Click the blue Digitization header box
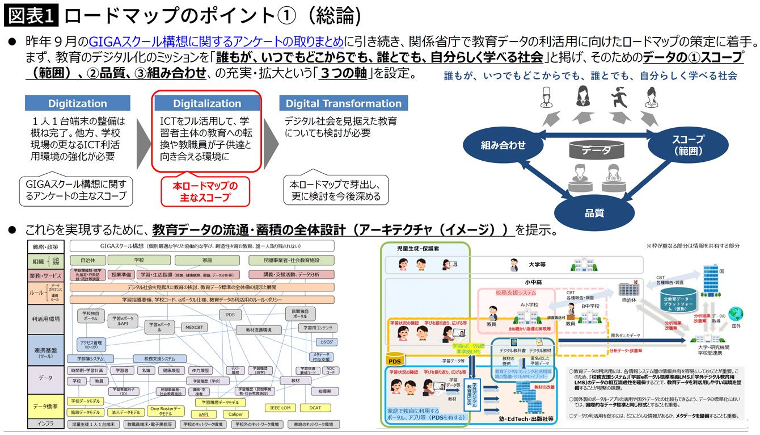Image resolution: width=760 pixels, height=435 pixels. click(x=78, y=103)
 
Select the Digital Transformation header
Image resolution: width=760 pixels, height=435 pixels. click(x=343, y=103)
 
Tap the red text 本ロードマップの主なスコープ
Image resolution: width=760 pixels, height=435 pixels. click(x=205, y=191)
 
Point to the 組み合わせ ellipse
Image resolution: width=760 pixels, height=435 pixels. click(x=503, y=145)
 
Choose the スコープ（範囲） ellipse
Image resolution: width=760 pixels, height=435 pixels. click(x=687, y=145)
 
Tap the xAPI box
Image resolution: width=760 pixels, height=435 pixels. click(x=204, y=414)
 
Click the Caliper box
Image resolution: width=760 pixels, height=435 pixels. click(x=235, y=414)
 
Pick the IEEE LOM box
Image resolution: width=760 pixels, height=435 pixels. click(x=280, y=408)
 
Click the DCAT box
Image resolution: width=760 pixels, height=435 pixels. click(x=315, y=408)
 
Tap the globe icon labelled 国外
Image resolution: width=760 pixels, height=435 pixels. click(x=736, y=314)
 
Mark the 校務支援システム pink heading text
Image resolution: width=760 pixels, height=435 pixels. click(x=516, y=293)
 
